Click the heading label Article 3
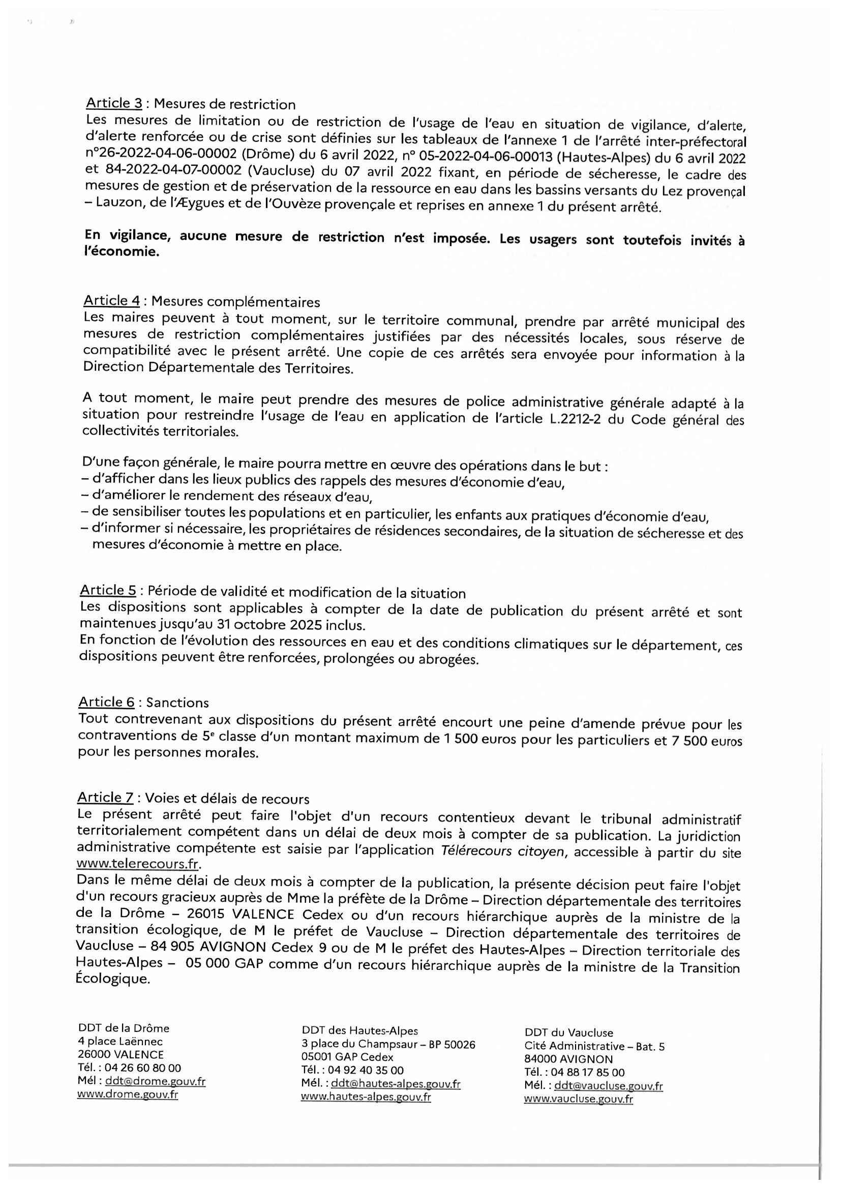(114, 103)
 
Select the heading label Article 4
(111, 300)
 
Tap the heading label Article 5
(108, 590)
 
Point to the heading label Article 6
(106, 702)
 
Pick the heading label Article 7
(105, 797)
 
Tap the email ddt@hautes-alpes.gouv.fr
(396, 1084)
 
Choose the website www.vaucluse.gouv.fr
(579, 1100)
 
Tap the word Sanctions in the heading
(177, 703)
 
